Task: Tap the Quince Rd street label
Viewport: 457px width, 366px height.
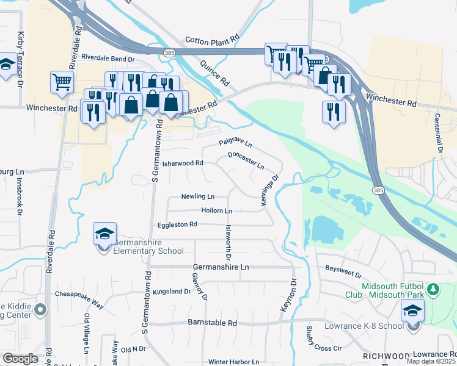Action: (x=216, y=73)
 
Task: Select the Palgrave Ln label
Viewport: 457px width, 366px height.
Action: (x=235, y=143)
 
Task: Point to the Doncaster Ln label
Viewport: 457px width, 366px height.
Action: (x=246, y=161)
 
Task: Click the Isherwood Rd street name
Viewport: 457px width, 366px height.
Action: (x=182, y=163)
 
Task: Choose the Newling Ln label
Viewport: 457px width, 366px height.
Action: (x=198, y=196)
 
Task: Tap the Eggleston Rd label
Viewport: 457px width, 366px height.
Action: (x=177, y=224)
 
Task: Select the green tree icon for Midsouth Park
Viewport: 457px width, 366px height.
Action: (x=433, y=289)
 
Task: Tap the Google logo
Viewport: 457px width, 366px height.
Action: (x=20, y=359)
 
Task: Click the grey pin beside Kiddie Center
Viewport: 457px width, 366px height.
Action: (x=41, y=310)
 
